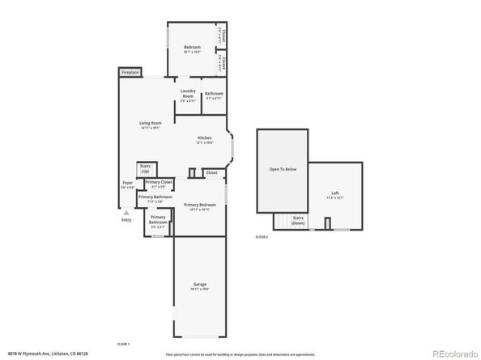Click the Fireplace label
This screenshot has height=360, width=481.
click(130, 73)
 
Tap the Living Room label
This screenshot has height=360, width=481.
click(150, 123)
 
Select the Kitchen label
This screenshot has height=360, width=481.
click(205, 138)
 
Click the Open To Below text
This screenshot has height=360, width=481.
click(283, 169)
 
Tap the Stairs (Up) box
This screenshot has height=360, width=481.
click(146, 168)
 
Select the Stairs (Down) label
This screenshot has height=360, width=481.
click(298, 220)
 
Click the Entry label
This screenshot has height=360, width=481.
click(126, 220)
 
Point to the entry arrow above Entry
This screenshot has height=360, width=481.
click(126, 213)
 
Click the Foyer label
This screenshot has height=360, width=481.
click(127, 183)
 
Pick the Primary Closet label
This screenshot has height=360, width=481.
click(159, 183)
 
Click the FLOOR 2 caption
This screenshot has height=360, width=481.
click(262, 237)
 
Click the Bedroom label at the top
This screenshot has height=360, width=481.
click(192, 47)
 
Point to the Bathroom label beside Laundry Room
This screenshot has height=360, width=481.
click(214, 94)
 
